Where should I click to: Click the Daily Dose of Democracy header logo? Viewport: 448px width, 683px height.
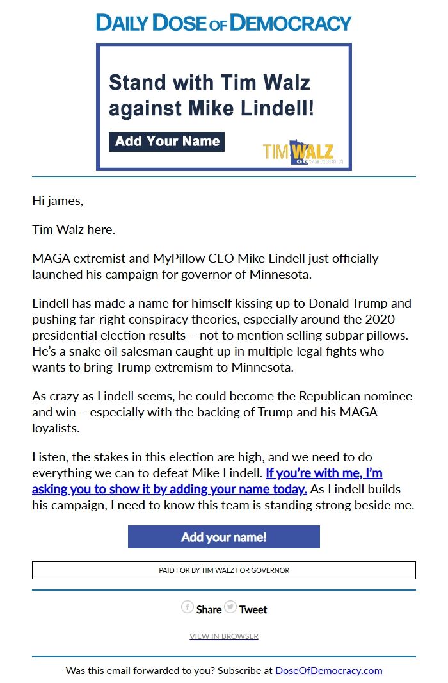pyautogui.click(x=223, y=22)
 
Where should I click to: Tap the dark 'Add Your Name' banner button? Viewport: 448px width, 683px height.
pyautogui.click(x=167, y=142)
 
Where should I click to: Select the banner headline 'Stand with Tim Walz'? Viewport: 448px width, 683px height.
pyautogui.click(x=209, y=83)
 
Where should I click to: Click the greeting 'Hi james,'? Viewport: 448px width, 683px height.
pyautogui.click(x=58, y=201)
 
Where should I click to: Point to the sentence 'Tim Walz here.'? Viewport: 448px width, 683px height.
pyautogui.click(x=74, y=229)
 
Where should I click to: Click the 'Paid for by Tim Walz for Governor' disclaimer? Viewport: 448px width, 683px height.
pyautogui.click(x=224, y=570)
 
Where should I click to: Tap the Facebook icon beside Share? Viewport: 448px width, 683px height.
pyautogui.click(x=188, y=607)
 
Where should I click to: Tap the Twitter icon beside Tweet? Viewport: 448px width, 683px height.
pyautogui.click(x=230, y=607)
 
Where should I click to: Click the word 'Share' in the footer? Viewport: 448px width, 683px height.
pyautogui.click(x=209, y=609)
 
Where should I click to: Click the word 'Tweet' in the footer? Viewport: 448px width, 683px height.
pyautogui.click(x=253, y=609)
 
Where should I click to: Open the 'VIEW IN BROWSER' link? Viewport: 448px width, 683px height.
pyautogui.click(x=224, y=636)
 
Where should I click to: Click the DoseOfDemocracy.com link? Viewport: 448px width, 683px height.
pyautogui.click(x=328, y=671)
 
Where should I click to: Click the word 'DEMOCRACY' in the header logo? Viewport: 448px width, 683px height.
pyautogui.click(x=291, y=22)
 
